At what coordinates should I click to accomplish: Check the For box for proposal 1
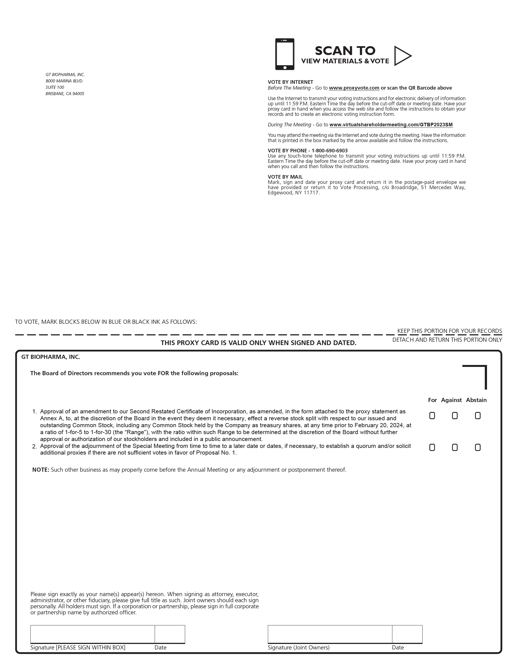pos(432,416)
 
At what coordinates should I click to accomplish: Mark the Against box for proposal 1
pos(455,416)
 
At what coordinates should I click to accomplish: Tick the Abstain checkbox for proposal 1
pos(478,416)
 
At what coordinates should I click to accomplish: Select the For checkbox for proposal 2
pos(432,447)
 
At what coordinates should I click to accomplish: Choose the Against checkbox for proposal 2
pos(455,447)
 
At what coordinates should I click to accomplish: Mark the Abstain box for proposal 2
pos(478,447)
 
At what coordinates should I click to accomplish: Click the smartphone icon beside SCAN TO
pos(285,54)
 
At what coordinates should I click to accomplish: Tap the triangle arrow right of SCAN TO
pos(402,56)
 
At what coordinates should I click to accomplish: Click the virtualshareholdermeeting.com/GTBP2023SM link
pos(391,125)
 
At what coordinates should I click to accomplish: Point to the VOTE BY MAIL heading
pos(285,177)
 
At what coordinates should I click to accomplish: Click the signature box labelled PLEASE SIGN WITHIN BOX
pos(92,634)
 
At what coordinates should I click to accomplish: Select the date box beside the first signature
pos(170,634)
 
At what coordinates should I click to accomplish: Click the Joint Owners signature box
pos(330,634)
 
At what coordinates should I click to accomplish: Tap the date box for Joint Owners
pos(407,634)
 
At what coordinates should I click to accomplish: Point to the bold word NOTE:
pos(41,470)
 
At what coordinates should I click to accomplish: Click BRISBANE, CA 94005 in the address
pos(65,94)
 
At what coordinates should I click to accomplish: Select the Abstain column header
pos(476,400)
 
